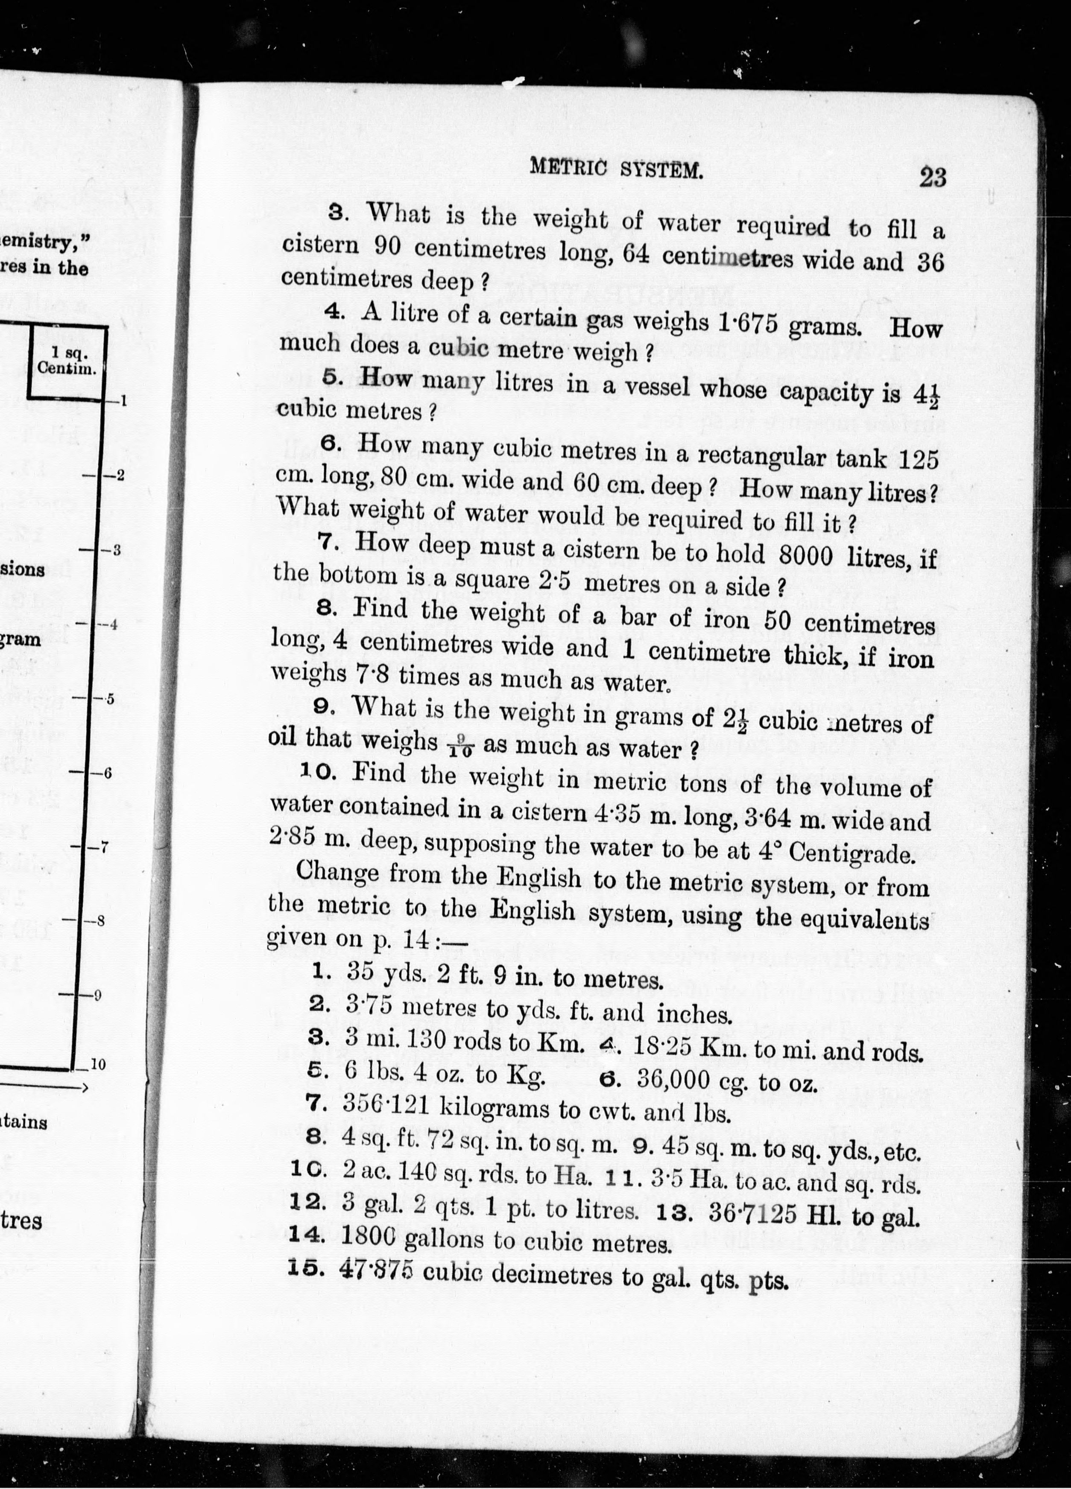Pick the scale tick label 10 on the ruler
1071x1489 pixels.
tap(97, 1065)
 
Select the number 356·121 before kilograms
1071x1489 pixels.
tap(386, 1106)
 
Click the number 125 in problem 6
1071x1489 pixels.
tap(917, 458)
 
